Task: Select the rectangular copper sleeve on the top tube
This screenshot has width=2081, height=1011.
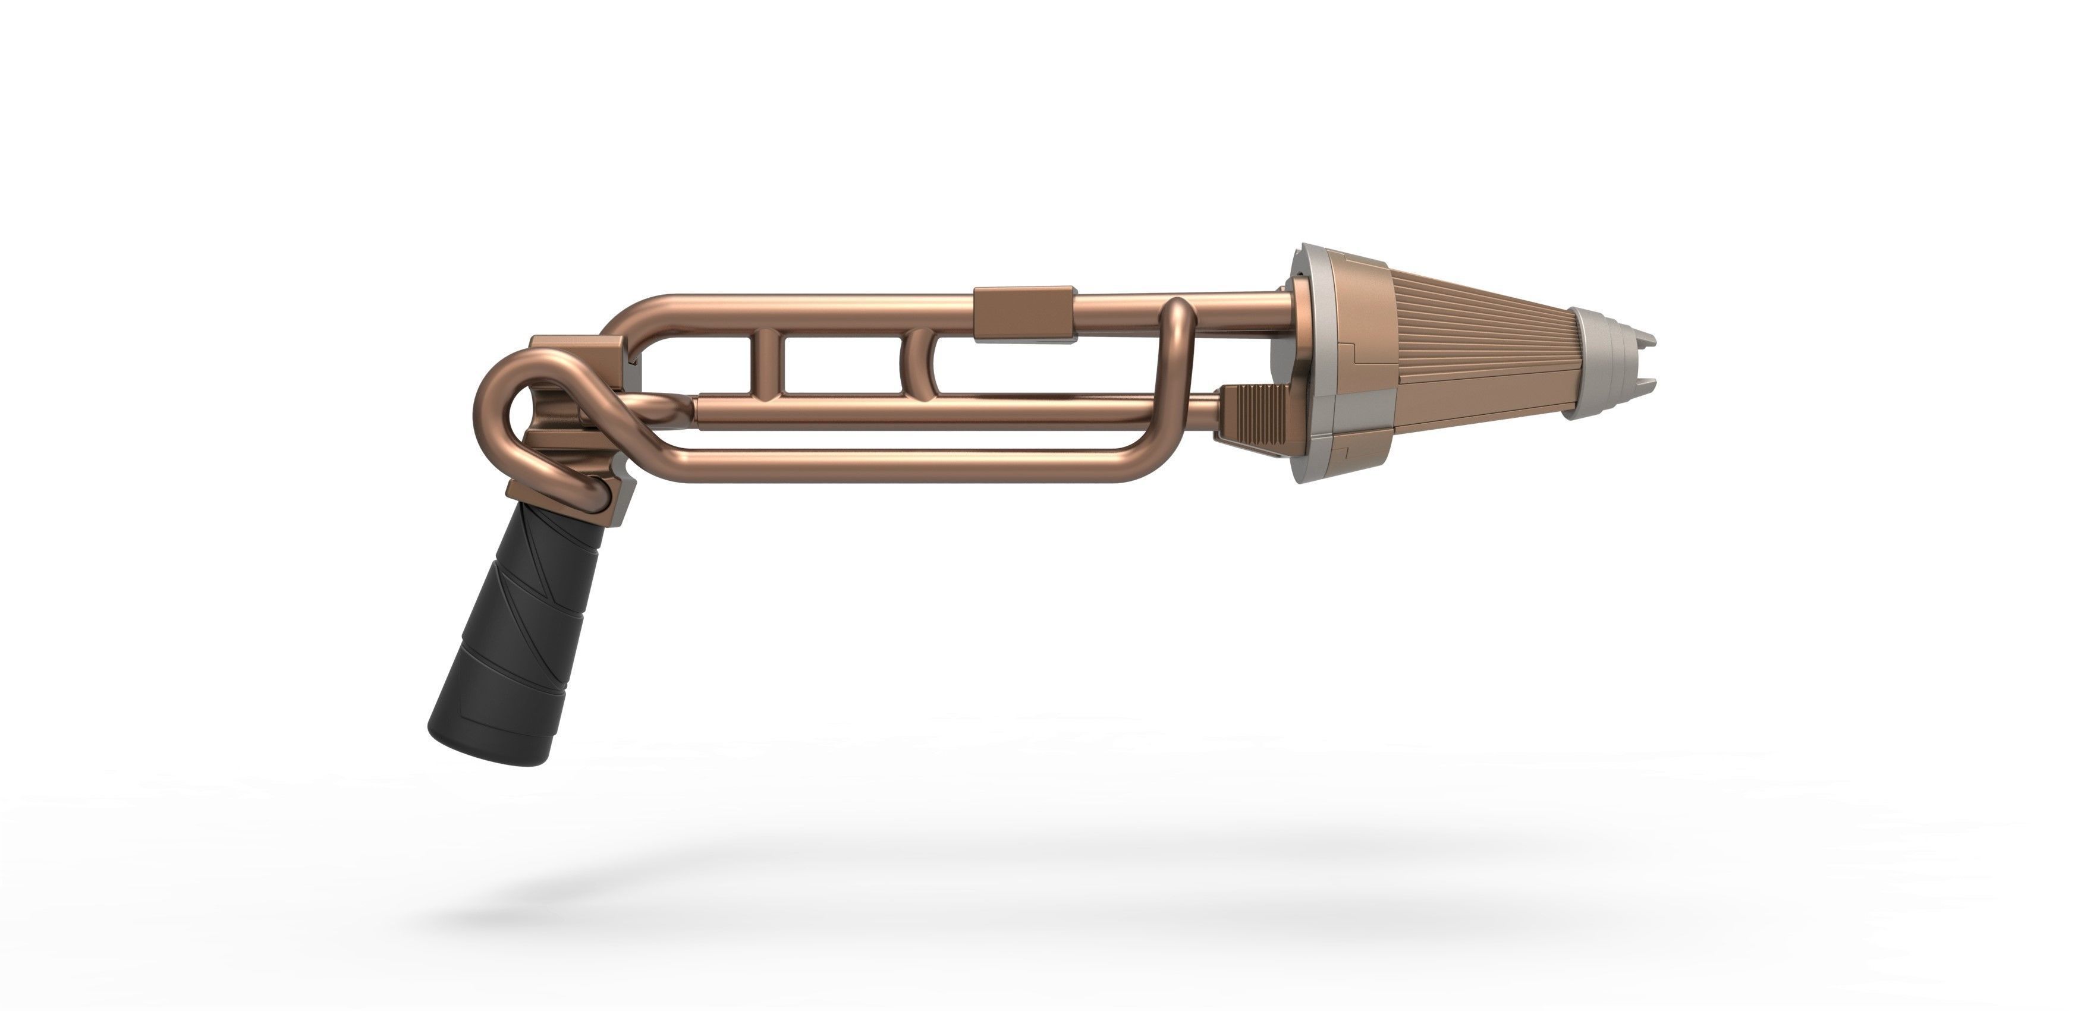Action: coord(1024,313)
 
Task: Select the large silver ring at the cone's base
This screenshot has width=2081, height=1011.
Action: coord(1313,363)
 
